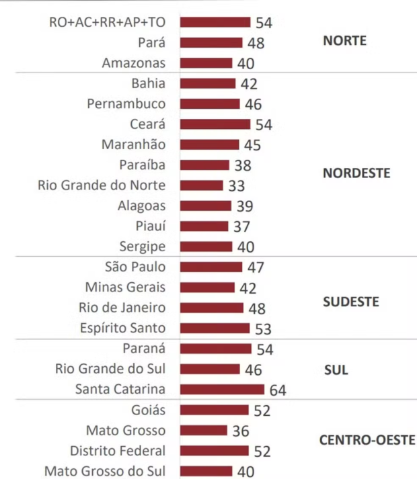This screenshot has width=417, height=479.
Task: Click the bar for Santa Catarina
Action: (x=223, y=389)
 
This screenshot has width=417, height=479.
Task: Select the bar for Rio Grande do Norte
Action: (x=202, y=185)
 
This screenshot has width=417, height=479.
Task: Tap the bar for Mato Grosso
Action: (x=204, y=430)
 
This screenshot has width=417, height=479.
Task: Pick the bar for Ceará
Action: (x=216, y=124)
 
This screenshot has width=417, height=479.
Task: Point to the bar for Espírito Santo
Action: (x=215, y=328)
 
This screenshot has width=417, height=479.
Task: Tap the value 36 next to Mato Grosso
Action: (x=240, y=431)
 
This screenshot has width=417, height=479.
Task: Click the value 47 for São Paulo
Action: (x=255, y=267)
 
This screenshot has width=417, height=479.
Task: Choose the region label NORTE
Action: (x=344, y=40)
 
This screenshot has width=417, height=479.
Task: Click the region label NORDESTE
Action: (x=356, y=173)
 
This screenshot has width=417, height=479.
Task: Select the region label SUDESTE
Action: (x=350, y=302)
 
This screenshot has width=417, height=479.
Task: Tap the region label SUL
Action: (x=336, y=370)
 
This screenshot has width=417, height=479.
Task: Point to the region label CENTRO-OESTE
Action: (x=367, y=441)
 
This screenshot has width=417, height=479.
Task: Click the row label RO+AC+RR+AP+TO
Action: (x=107, y=22)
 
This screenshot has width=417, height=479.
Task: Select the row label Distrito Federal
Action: (x=118, y=450)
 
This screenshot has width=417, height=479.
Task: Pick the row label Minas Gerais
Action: (x=125, y=287)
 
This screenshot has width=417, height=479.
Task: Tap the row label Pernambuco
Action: (x=126, y=103)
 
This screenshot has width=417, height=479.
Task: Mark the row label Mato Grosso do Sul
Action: (x=105, y=471)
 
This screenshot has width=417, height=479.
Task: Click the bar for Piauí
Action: (x=205, y=226)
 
